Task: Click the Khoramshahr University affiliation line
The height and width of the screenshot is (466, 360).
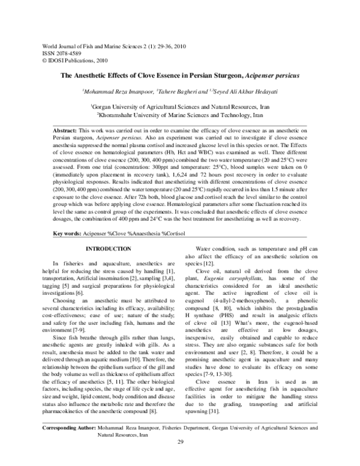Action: point(181,113)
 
